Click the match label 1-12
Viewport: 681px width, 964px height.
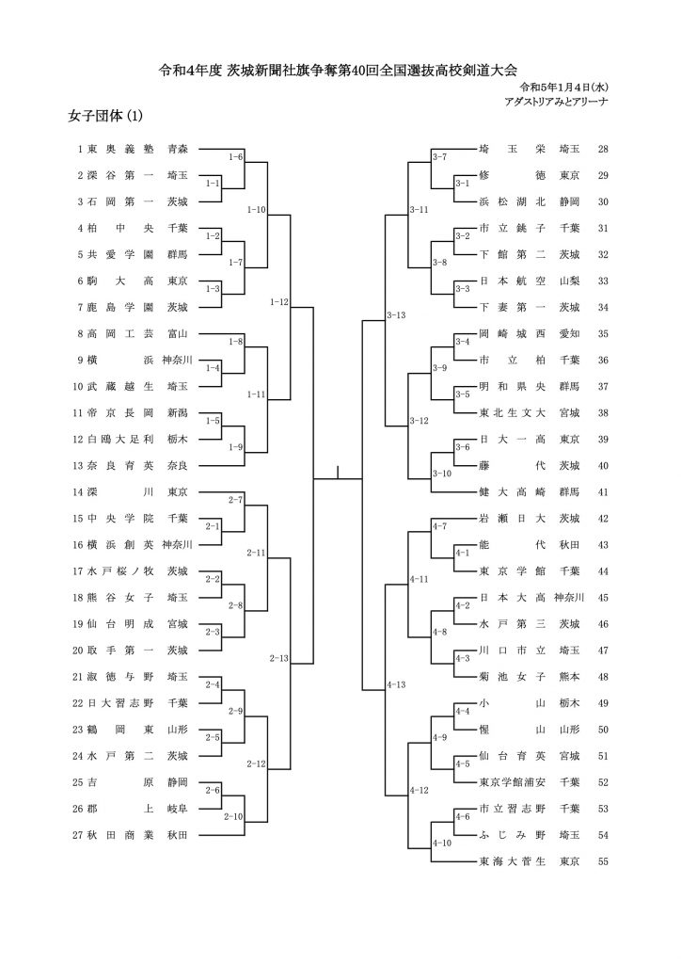(278, 302)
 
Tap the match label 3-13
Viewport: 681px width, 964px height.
(396, 315)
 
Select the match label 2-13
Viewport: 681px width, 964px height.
(278, 658)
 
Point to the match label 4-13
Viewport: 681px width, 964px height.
(396, 684)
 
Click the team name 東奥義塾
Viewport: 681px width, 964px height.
(120, 149)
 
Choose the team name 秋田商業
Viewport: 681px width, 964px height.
(120, 835)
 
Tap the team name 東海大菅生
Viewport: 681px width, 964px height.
(512, 861)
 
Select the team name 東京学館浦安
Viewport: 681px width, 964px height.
(512, 782)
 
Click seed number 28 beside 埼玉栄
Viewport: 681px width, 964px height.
(602, 149)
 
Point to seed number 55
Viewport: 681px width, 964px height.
(602, 861)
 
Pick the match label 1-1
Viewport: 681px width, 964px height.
(213, 184)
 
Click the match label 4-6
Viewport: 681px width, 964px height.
(463, 816)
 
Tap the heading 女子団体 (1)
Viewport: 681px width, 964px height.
(105, 116)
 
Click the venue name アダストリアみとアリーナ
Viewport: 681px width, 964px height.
(556, 102)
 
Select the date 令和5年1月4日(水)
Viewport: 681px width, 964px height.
(563, 87)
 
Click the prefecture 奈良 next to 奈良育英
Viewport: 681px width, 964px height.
(178, 465)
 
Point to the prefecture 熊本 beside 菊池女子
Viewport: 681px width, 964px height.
(569, 676)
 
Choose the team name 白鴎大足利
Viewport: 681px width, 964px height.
(120, 439)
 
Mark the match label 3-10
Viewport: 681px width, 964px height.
(441, 474)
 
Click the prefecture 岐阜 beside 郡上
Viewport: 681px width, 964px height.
(178, 809)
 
